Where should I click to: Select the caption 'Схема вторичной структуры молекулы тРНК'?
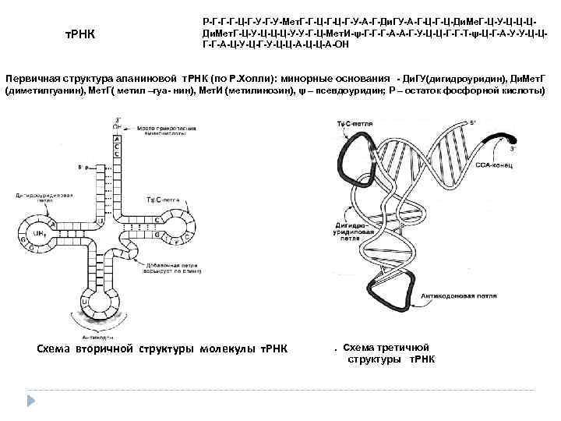pos(163,347)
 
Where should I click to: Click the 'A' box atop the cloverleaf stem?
pos(118,134)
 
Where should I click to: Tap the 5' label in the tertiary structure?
pos(472,122)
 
